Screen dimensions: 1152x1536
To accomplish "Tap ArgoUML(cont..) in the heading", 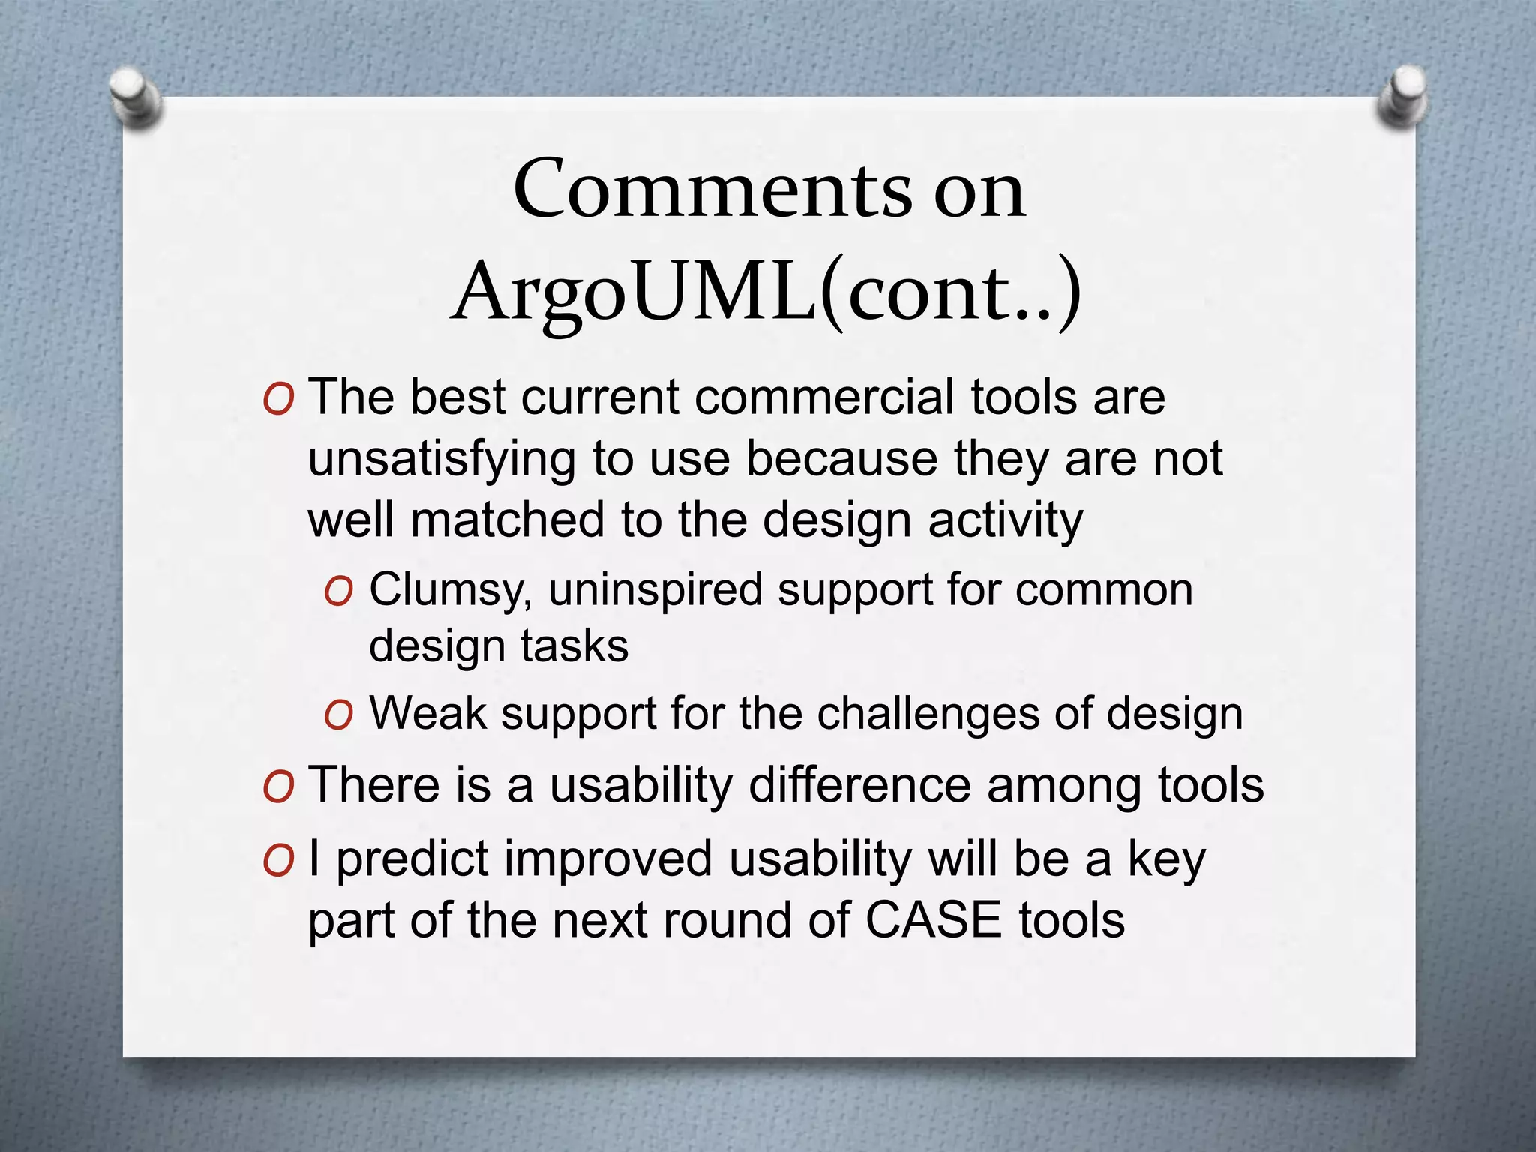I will (x=766, y=292).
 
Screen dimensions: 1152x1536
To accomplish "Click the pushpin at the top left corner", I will (x=135, y=97).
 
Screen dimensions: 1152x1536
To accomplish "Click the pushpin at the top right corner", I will (x=1401, y=96).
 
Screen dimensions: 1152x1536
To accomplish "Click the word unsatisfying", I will (x=442, y=459).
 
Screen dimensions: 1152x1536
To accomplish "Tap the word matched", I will (x=507, y=520).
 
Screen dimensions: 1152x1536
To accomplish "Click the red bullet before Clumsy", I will (x=338, y=592).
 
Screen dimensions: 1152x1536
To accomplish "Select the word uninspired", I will (x=655, y=589).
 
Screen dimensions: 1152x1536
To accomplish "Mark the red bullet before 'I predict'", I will (x=278, y=862).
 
